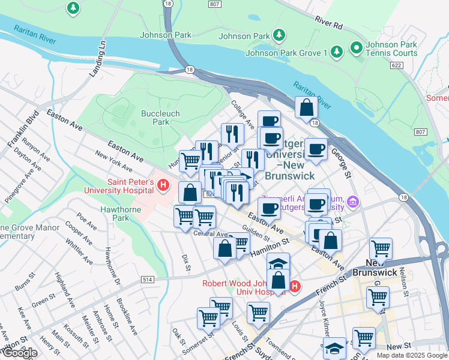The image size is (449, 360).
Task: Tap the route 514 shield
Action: point(148,280)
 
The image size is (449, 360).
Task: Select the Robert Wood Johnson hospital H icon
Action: point(294,287)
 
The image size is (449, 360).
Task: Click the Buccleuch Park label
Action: point(155,117)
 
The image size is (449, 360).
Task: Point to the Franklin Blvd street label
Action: point(23,129)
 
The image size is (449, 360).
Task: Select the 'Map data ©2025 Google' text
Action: point(412,355)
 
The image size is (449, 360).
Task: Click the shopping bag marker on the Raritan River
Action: point(306,108)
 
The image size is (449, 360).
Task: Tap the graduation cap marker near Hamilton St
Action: point(278,263)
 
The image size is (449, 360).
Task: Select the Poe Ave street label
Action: point(87,221)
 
